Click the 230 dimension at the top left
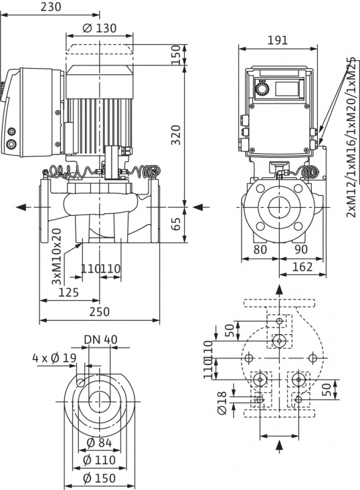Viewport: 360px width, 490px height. [x=45, y=7]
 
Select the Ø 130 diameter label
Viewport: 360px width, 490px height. [x=100, y=28]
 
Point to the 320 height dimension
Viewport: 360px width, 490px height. [x=175, y=136]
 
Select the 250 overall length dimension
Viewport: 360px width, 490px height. [x=99, y=312]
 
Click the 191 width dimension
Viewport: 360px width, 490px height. [x=278, y=39]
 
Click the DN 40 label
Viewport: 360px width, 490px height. [x=100, y=339]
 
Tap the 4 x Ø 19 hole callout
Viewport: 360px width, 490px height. [x=54, y=358]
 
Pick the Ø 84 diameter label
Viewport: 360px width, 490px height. [x=100, y=443]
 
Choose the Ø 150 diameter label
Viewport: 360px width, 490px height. [x=100, y=478]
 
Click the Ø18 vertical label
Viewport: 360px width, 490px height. [x=222, y=400]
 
